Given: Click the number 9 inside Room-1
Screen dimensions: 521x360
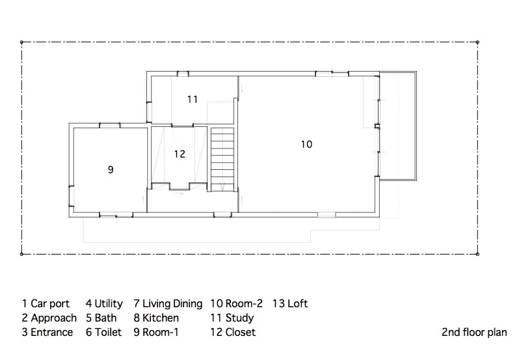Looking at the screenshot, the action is pos(111,169).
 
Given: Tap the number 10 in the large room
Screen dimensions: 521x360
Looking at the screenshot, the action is pos(306,145).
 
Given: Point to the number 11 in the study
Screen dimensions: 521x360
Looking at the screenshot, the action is pos(193,99).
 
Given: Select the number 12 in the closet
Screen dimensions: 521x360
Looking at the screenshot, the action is pos(180,154).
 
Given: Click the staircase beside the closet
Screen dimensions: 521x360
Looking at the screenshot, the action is pos(222,160).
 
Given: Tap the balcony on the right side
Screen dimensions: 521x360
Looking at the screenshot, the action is pos(397,126).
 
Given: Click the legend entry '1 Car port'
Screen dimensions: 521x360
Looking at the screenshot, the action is pos(46,303).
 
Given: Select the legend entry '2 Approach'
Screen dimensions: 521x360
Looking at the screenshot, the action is pos(49,318).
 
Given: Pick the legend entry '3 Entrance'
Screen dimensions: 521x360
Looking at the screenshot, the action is pos(47,332).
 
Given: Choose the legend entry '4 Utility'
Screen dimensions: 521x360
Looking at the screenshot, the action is pos(104,303).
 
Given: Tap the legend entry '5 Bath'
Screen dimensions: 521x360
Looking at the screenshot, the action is pos(101,318).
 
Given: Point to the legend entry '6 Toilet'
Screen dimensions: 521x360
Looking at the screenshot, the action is pos(103,332).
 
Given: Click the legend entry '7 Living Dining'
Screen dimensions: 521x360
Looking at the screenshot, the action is pos(168,303).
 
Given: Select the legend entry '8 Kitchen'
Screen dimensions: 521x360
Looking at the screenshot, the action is pos(156,318).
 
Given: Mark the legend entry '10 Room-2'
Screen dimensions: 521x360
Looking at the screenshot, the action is pos(236,303).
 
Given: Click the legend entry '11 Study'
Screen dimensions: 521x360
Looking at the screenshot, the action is pos(232,318).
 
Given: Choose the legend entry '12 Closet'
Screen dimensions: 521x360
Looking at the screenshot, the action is pos(233,332).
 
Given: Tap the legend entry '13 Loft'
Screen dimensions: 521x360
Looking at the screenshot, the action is pos(290,303).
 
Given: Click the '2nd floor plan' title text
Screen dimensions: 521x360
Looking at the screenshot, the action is pos(474,332).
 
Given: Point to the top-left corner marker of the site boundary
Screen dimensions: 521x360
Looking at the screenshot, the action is pos(21,42).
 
